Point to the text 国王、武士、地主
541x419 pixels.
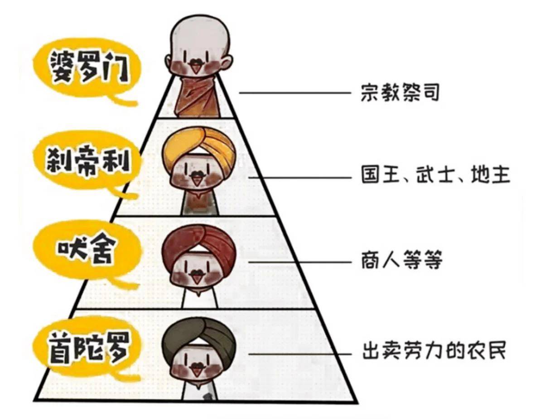pyautogui.click(x=435, y=174)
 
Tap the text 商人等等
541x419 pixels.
pyautogui.click(x=401, y=262)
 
